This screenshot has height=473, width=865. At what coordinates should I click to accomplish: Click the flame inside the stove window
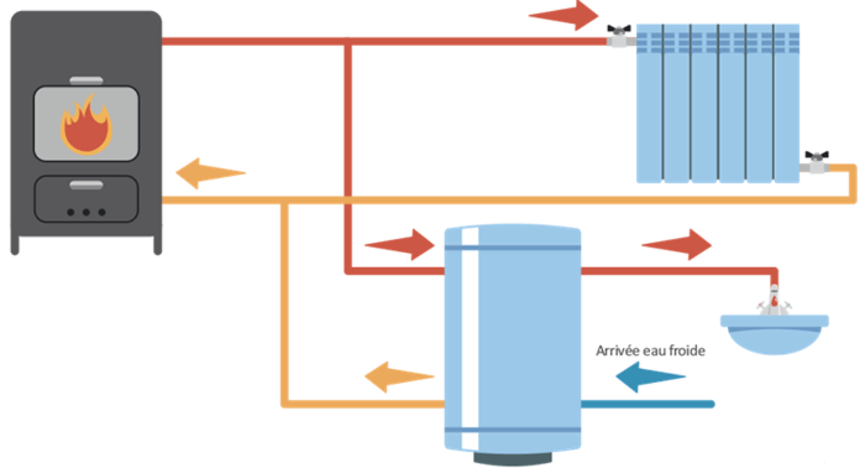pos(86,125)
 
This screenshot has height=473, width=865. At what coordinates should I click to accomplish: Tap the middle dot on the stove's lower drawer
pos(86,212)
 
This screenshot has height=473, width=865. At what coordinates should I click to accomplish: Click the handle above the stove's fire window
pos(86,81)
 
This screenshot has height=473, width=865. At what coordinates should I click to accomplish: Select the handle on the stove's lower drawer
pos(86,184)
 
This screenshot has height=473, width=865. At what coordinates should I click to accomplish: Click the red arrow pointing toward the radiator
pos(564,15)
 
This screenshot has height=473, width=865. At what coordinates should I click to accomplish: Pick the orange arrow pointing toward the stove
pos(209,173)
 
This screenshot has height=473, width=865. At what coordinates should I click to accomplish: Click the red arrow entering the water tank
pos(399,244)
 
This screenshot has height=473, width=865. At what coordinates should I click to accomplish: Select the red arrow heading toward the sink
pos(676,244)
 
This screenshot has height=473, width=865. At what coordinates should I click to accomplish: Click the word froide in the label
pos(688,351)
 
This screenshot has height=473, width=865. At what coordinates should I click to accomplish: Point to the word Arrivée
pos(615,351)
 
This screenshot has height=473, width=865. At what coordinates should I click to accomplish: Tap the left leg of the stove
pos(15,245)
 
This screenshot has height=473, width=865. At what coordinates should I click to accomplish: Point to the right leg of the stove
pos(157,245)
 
